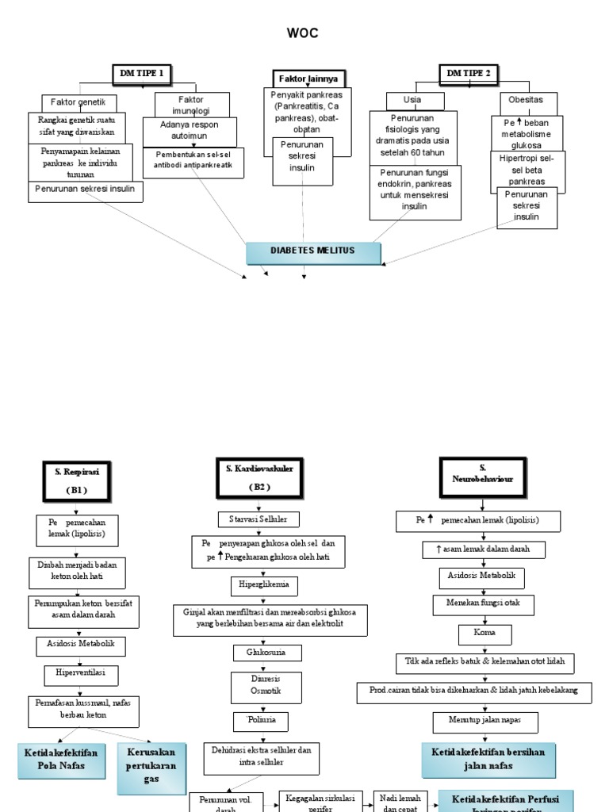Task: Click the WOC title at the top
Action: pos(304,33)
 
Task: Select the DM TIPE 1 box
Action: pos(141,74)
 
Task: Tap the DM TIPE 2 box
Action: pos(469,74)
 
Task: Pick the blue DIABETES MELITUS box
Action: pos(313,251)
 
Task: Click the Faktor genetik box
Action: pos(79,103)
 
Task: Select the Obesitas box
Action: pos(527,101)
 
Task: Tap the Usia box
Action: pos(412,101)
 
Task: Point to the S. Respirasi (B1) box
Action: pos(71,481)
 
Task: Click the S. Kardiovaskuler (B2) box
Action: pos(254,477)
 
